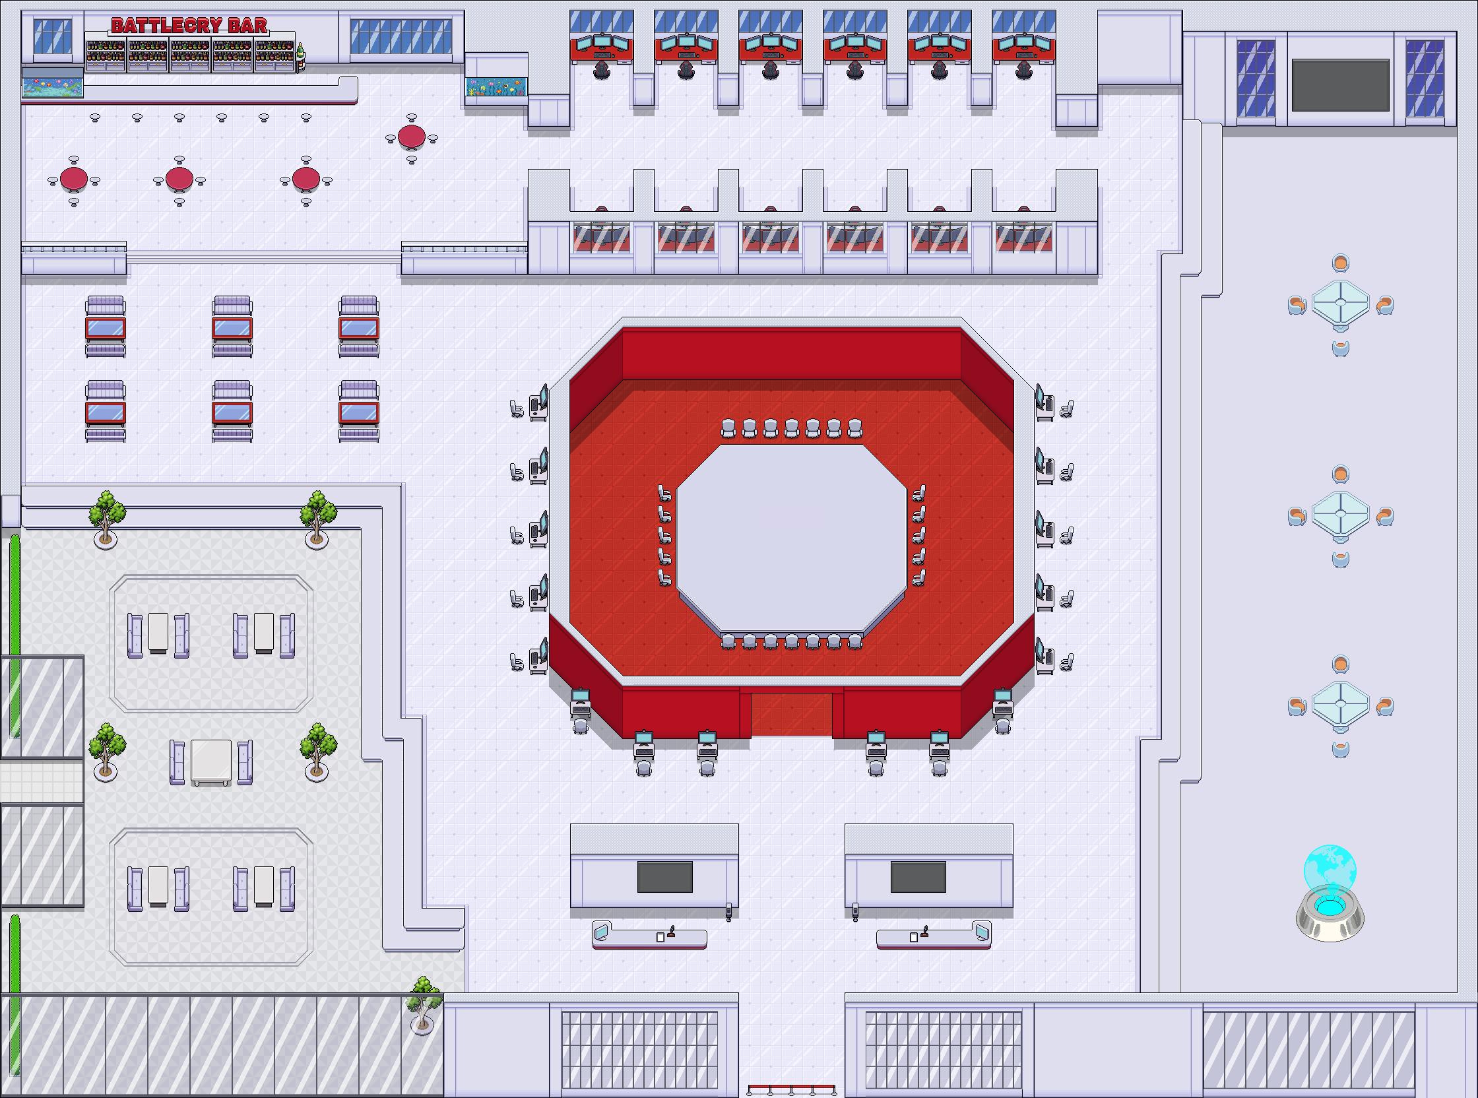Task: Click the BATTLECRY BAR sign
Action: pos(189,26)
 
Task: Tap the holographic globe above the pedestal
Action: pos(1330,868)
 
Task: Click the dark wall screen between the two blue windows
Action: pos(1341,85)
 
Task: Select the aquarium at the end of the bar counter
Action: pos(53,86)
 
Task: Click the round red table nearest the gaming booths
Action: pos(411,137)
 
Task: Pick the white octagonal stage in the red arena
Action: pos(792,538)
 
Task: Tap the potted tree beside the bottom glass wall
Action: pos(424,1004)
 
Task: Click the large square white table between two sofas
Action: pos(211,761)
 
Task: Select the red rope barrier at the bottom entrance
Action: pos(792,1089)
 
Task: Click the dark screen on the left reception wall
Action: pos(664,877)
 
